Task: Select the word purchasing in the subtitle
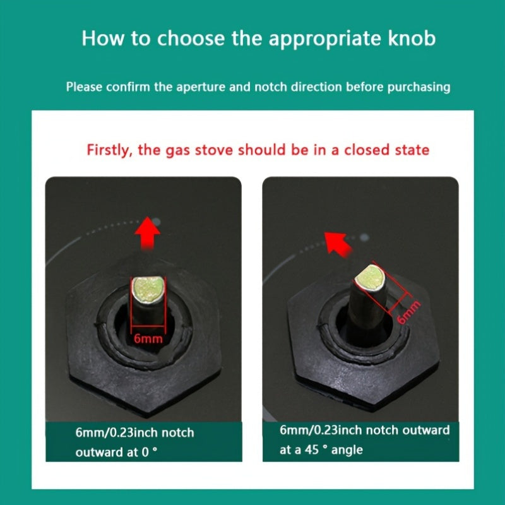pos(419,87)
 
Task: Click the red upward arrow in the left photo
pos(147,232)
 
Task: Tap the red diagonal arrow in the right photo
pos(337,244)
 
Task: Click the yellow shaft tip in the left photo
pos(148,290)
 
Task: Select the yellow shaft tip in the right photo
pos(370,278)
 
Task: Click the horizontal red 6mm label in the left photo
pos(148,338)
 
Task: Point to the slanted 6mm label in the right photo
pos(408,312)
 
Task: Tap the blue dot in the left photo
pos(156,222)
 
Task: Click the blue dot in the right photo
pos(364,238)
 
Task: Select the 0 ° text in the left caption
pos(150,452)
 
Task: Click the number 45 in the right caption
pos(312,449)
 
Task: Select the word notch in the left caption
pos(178,432)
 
